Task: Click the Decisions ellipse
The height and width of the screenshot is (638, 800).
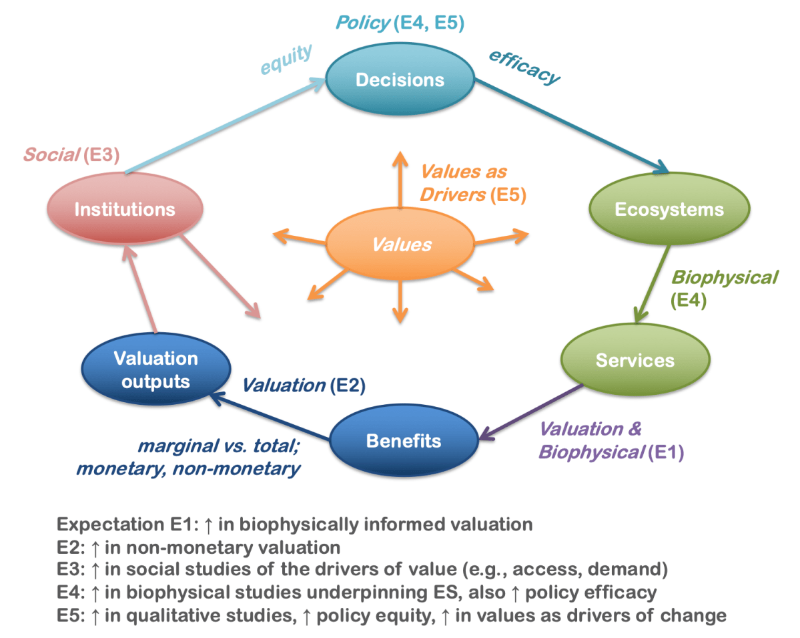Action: [x=400, y=80]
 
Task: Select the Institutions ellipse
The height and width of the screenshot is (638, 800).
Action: [x=125, y=209]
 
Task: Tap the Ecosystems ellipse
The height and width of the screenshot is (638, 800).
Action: [x=669, y=209]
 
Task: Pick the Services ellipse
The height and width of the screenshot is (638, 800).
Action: [x=635, y=360]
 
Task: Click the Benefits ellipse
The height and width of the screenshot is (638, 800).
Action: [x=404, y=441]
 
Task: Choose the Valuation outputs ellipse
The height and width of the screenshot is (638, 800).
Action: [x=155, y=370]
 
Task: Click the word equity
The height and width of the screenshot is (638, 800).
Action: [x=286, y=60]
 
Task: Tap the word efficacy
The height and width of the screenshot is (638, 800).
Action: [x=524, y=67]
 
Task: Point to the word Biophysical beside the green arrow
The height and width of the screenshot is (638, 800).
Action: [x=723, y=277]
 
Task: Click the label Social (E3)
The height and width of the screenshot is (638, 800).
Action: [x=71, y=155]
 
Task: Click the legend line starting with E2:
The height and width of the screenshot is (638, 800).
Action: [x=198, y=548]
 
